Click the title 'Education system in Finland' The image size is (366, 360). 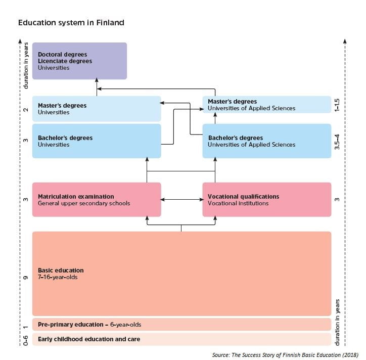pyautogui.click(x=71, y=23)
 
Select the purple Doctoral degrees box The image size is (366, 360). pyautogui.click(x=79, y=61)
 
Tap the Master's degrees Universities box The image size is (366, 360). pyautogui.click(x=96, y=109)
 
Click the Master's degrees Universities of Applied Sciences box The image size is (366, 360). pyautogui.click(x=266, y=105)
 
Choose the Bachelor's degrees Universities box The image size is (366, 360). pyautogui.click(x=96, y=141)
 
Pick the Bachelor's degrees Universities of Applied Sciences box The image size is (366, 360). pyautogui.click(x=266, y=141)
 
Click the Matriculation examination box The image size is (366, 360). pyautogui.click(x=96, y=200)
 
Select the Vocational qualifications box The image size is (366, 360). pyautogui.click(x=266, y=200)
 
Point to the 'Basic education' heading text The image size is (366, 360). pyautogui.click(x=61, y=271)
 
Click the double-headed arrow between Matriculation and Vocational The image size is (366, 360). pyautogui.click(x=181, y=200)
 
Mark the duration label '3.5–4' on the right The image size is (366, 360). pyautogui.click(x=337, y=141)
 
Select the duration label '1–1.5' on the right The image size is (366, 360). pyautogui.click(x=337, y=105)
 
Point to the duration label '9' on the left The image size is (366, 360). pyautogui.click(x=26, y=278)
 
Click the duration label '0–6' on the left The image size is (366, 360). pyautogui.click(x=26, y=339)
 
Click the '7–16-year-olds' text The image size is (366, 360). pyautogui.click(x=58, y=277)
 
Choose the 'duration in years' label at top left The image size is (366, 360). pyautogui.click(x=26, y=66)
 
